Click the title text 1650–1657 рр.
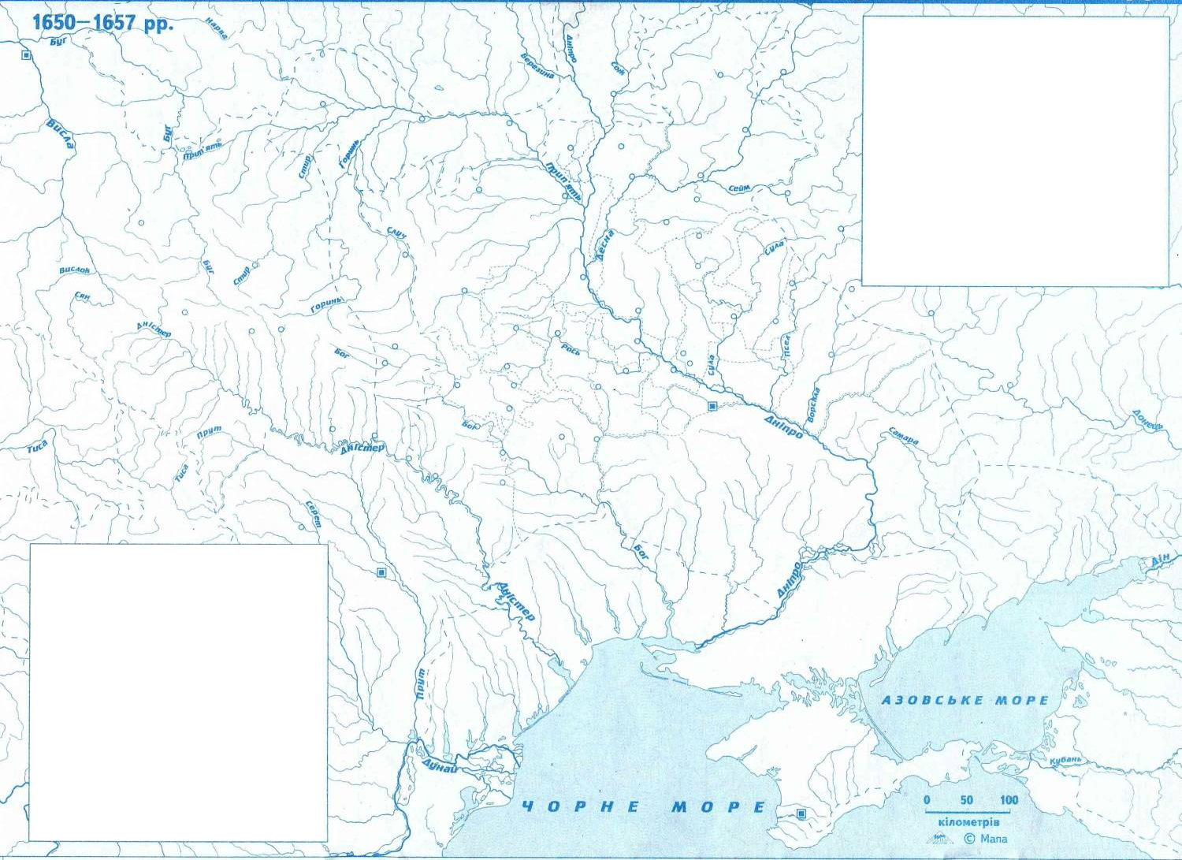[102, 21]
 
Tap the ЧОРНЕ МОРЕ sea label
[643, 807]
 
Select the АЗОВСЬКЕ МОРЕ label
[965, 700]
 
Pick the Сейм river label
[739, 188]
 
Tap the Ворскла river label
[812, 403]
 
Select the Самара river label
[903, 436]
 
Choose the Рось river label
[571, 348]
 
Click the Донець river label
[1147, 419]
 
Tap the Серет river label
[313, 515]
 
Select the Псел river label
[785, 344]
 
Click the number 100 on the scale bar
[1009, 800]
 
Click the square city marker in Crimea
[801, 813]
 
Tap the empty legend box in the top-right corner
[1015, 151]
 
